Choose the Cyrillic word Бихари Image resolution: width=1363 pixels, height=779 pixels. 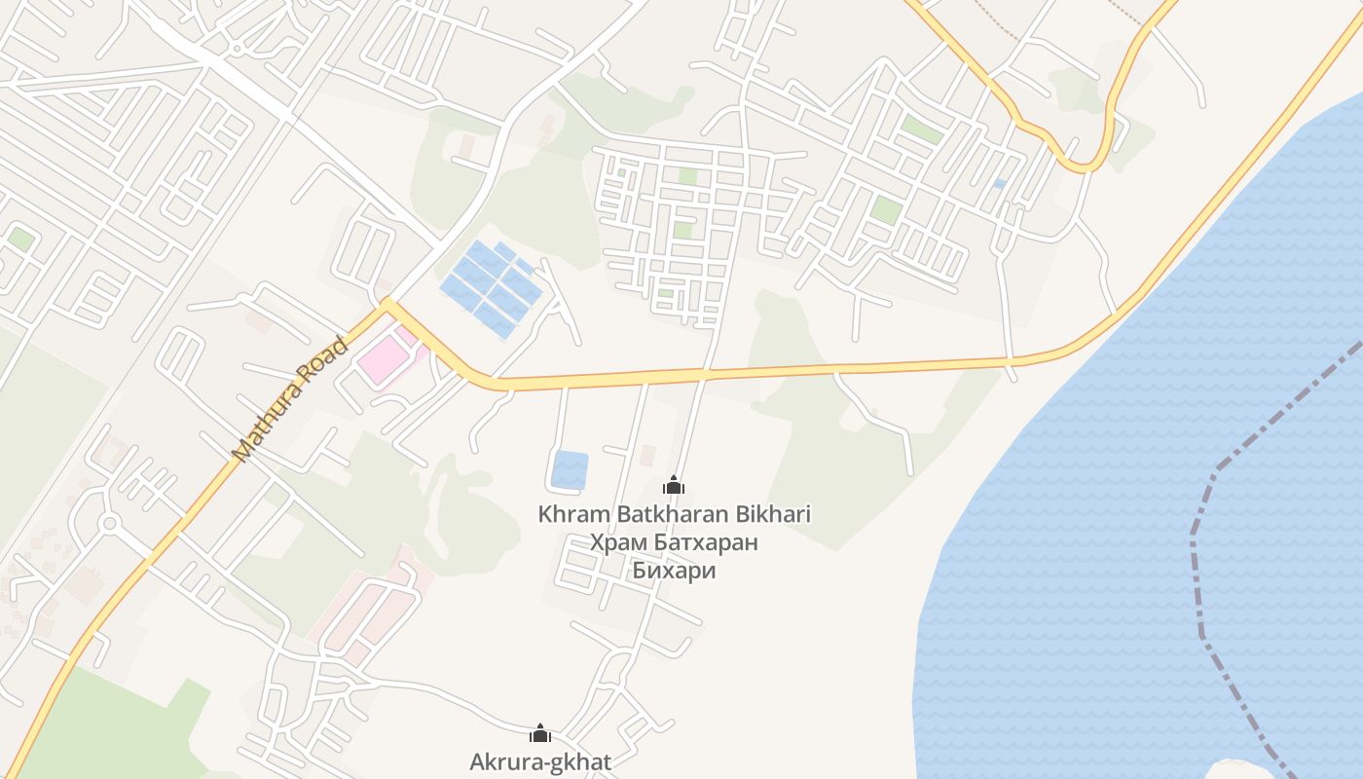pos(674,571)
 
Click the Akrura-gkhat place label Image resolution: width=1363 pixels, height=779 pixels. pos(540,761)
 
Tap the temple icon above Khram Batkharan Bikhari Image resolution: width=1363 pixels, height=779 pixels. pos(674,484)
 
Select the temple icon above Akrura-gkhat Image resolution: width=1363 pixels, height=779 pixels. pos(540,733)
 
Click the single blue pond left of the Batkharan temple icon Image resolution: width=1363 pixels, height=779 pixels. pos(570,469)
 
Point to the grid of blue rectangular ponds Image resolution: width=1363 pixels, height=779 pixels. pos(492,287)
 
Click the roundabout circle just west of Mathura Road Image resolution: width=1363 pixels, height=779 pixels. pos(109,524)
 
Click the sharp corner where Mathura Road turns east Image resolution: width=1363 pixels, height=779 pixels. pos(387,305)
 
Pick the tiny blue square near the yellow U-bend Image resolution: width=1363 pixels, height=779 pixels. pos(1000,183)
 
